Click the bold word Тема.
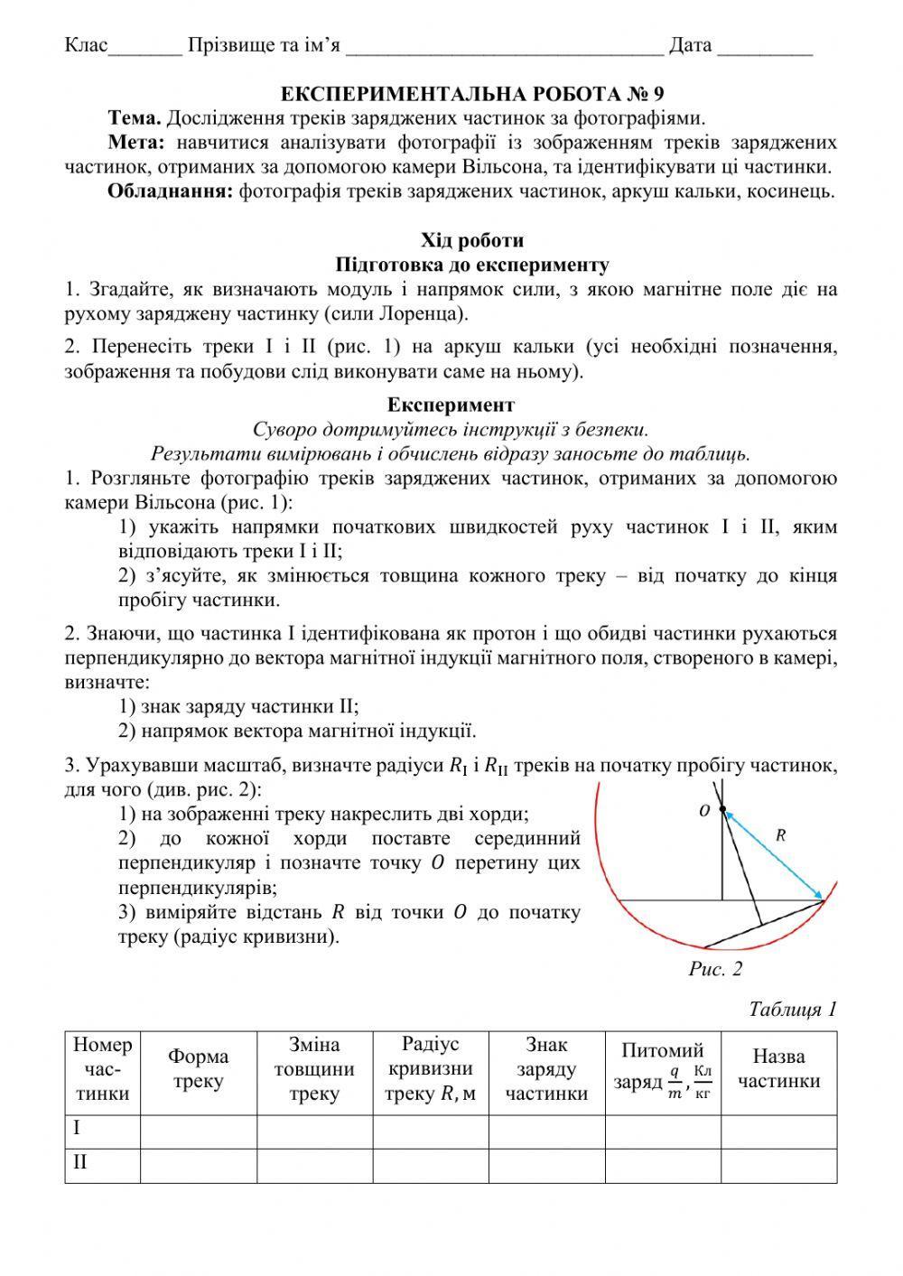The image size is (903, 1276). click(135, 118)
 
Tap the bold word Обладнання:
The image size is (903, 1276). click(171, 191)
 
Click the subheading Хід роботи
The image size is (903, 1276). click(472, 240)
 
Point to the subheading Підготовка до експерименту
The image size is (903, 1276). click(472, 265)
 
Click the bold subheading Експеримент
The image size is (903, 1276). click(451, 405)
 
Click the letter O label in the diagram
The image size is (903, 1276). click(705, 812)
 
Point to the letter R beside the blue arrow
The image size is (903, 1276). click(781, 836)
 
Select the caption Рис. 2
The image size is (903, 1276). click(715, 970)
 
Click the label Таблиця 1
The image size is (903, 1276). click(793, 1009)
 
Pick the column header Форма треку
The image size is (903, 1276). click(199, 1069)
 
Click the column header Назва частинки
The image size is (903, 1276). click(778, 1069)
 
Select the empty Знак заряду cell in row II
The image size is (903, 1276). click(546, 1163)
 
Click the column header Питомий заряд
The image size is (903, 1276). click(662, 1069)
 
